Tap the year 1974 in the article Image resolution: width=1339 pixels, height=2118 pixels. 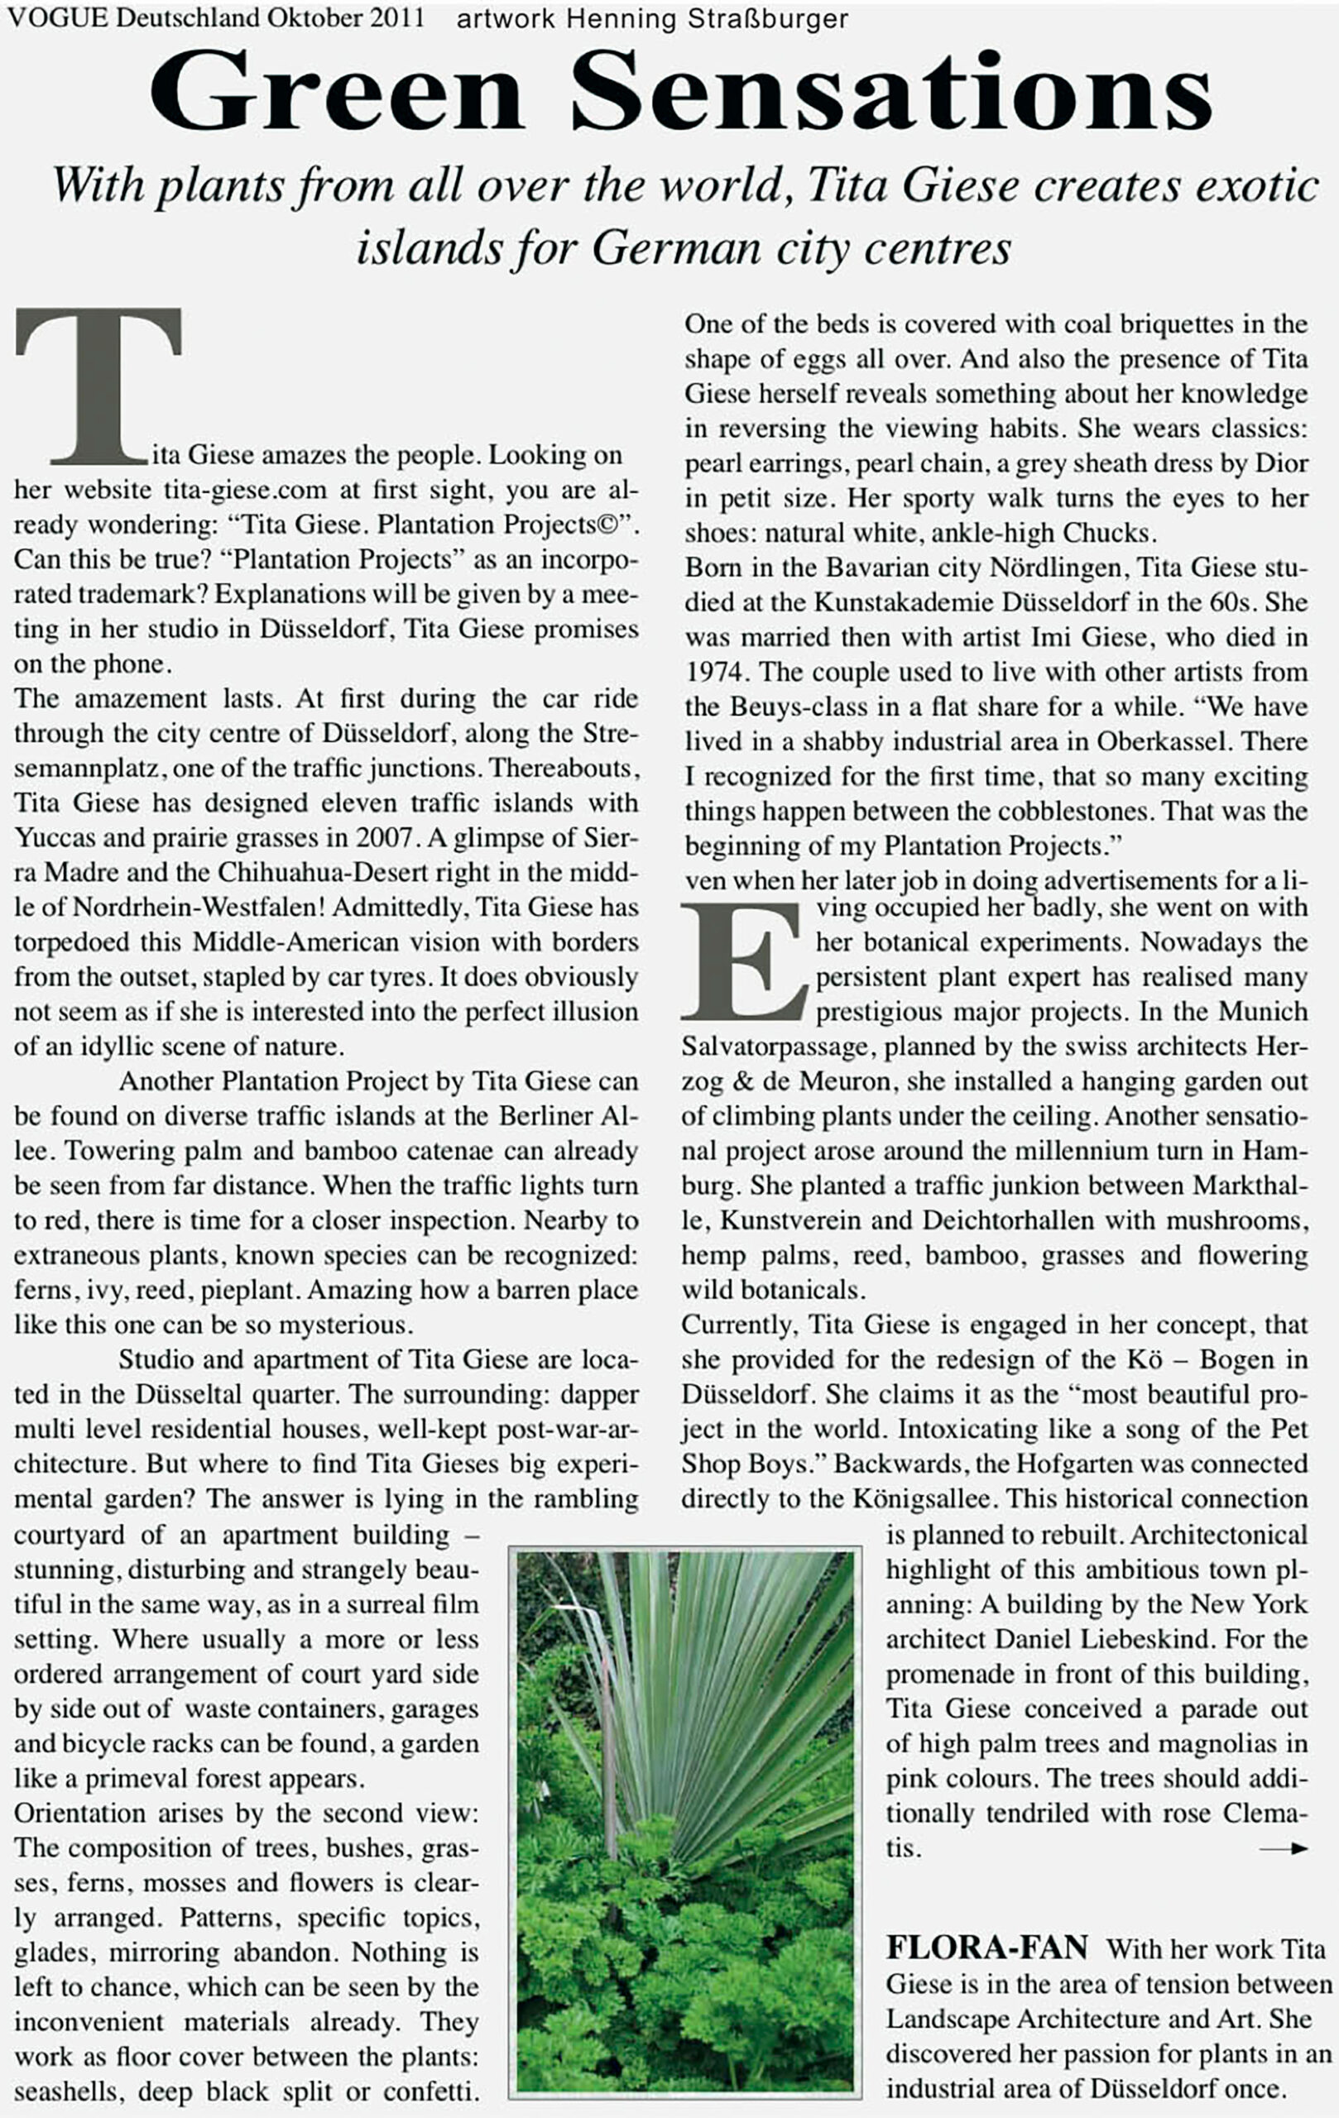(x=716, y=672)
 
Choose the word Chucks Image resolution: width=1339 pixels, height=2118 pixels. (x=1106, y=533)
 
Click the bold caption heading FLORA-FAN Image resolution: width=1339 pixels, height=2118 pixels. (x=986, y=1948)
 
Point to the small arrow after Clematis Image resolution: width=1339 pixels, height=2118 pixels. (x=1283, y=1850)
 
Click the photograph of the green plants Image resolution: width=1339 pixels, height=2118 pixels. (x=684, y=1822)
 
